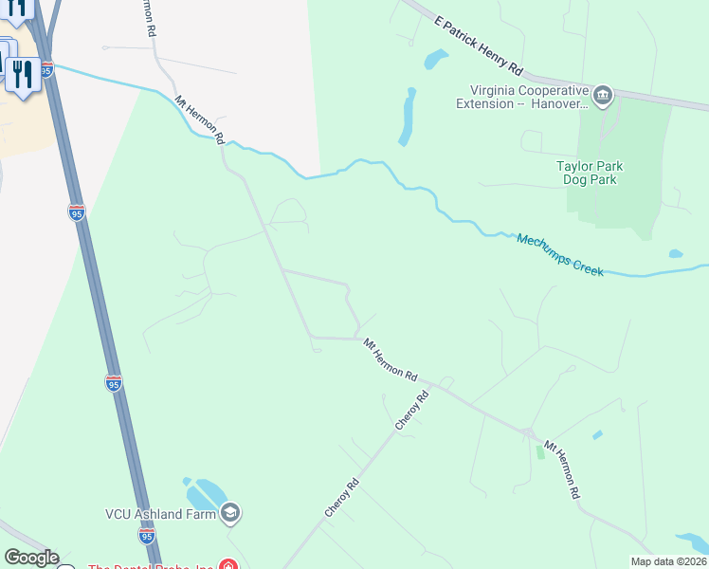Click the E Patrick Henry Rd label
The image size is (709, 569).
(x=479, y=46)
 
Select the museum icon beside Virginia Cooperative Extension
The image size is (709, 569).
(x=603, y=96)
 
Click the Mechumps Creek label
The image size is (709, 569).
(x=560, y=254)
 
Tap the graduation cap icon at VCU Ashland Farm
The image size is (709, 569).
(x=229, y=514)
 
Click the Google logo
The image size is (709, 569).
(x=31, y=558)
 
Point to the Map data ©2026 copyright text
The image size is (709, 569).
(x=668, y=561)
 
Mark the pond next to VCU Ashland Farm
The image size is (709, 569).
(x=205, y=494)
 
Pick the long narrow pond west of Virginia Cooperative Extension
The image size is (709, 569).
(x=408, y=116)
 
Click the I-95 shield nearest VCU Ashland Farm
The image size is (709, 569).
(x=147, y=536)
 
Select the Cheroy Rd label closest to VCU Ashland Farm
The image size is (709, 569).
(x=341, y=497)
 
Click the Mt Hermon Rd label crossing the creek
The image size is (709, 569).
(x=199, y=119)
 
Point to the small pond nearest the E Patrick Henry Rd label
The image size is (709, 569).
(x=436, y=60)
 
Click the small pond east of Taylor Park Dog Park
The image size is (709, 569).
(x=675, y=254)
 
